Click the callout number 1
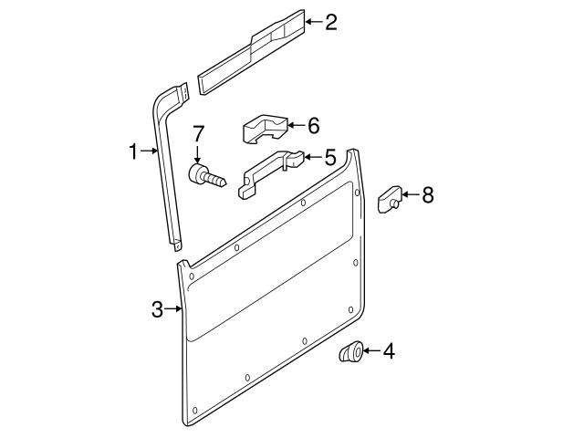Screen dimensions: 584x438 click(x=133, y=151)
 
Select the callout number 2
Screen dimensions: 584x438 click(x=331, y=22)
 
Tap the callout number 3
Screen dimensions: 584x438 click(x=157, y=309)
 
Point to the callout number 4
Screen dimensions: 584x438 click(x=389, y=351)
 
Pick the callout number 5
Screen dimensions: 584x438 click(x=330, y=157)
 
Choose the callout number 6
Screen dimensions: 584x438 click(x=314, y=125)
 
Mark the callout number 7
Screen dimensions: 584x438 click(x=198, y=134)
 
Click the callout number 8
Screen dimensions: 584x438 click(x=428, y=194)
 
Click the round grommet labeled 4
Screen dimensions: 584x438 click(x=350, y=351)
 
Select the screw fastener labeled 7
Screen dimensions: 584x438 click(x=206, y=176)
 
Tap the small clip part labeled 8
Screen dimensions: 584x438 click(x=390, y=199)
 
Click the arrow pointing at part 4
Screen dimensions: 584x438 click(x=372, y=350)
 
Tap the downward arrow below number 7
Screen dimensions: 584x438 click(x=197, y=154)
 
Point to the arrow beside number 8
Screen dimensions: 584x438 click(x=411, y=194)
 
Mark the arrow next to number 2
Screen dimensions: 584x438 click(x=314, y=22)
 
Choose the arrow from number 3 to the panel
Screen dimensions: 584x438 click(x=172, y=308)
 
